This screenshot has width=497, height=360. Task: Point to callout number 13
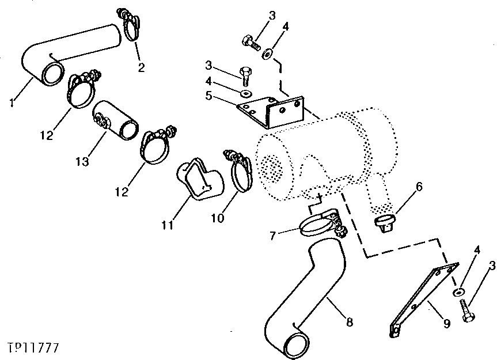point(83,161)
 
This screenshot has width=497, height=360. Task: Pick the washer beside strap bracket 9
point(458,293)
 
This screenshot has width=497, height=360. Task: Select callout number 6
point(419,186)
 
